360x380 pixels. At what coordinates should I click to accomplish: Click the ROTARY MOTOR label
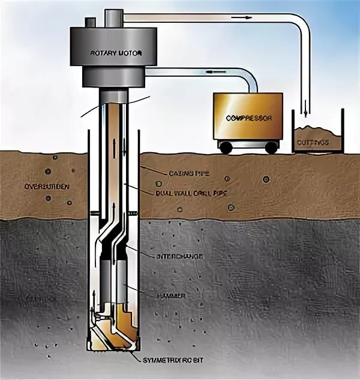pyautogui.click(x=116, y=53)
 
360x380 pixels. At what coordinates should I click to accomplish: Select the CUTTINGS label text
pyautogui.click(x=312, y=143)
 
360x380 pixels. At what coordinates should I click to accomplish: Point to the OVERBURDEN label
pyautogui.click(x=47, y=186)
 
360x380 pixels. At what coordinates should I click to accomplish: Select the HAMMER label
pyautogui.click(x=172, y=296)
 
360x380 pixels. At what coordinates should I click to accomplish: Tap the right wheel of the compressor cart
pyautogui.click(x=273, y=147)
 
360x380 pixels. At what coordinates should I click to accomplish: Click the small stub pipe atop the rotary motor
pyautogui.click(x=90, y=22)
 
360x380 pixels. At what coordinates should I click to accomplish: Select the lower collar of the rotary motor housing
pyautogui.click(x=115, y=77)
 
